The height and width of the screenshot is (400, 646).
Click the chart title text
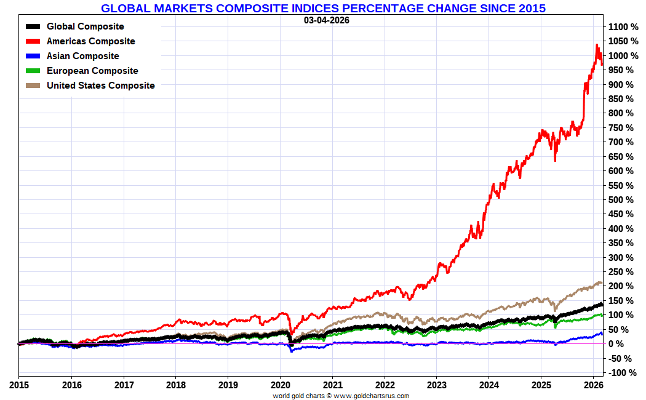(323, 8)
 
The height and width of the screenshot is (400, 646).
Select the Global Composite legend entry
(85, 26)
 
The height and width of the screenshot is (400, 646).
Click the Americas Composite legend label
(90, 41)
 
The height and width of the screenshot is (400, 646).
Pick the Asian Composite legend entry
(82, 56)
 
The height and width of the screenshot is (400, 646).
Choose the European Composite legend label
(92, 71)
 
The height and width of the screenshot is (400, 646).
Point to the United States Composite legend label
(100, 86)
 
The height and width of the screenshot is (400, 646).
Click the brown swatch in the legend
(33, 86)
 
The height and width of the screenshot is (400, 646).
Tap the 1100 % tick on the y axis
(623, 27)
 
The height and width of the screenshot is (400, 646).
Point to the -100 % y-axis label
(623, 373)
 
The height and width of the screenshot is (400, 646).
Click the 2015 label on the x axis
(18, 386)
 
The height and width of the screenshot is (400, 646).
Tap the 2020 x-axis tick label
(280, 386)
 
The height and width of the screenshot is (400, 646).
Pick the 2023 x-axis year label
(436, 386)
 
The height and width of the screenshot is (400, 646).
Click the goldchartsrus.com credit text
(341, 396)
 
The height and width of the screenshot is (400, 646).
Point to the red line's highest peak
(596, 44)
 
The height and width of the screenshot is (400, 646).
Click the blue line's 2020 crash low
(291, 351)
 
